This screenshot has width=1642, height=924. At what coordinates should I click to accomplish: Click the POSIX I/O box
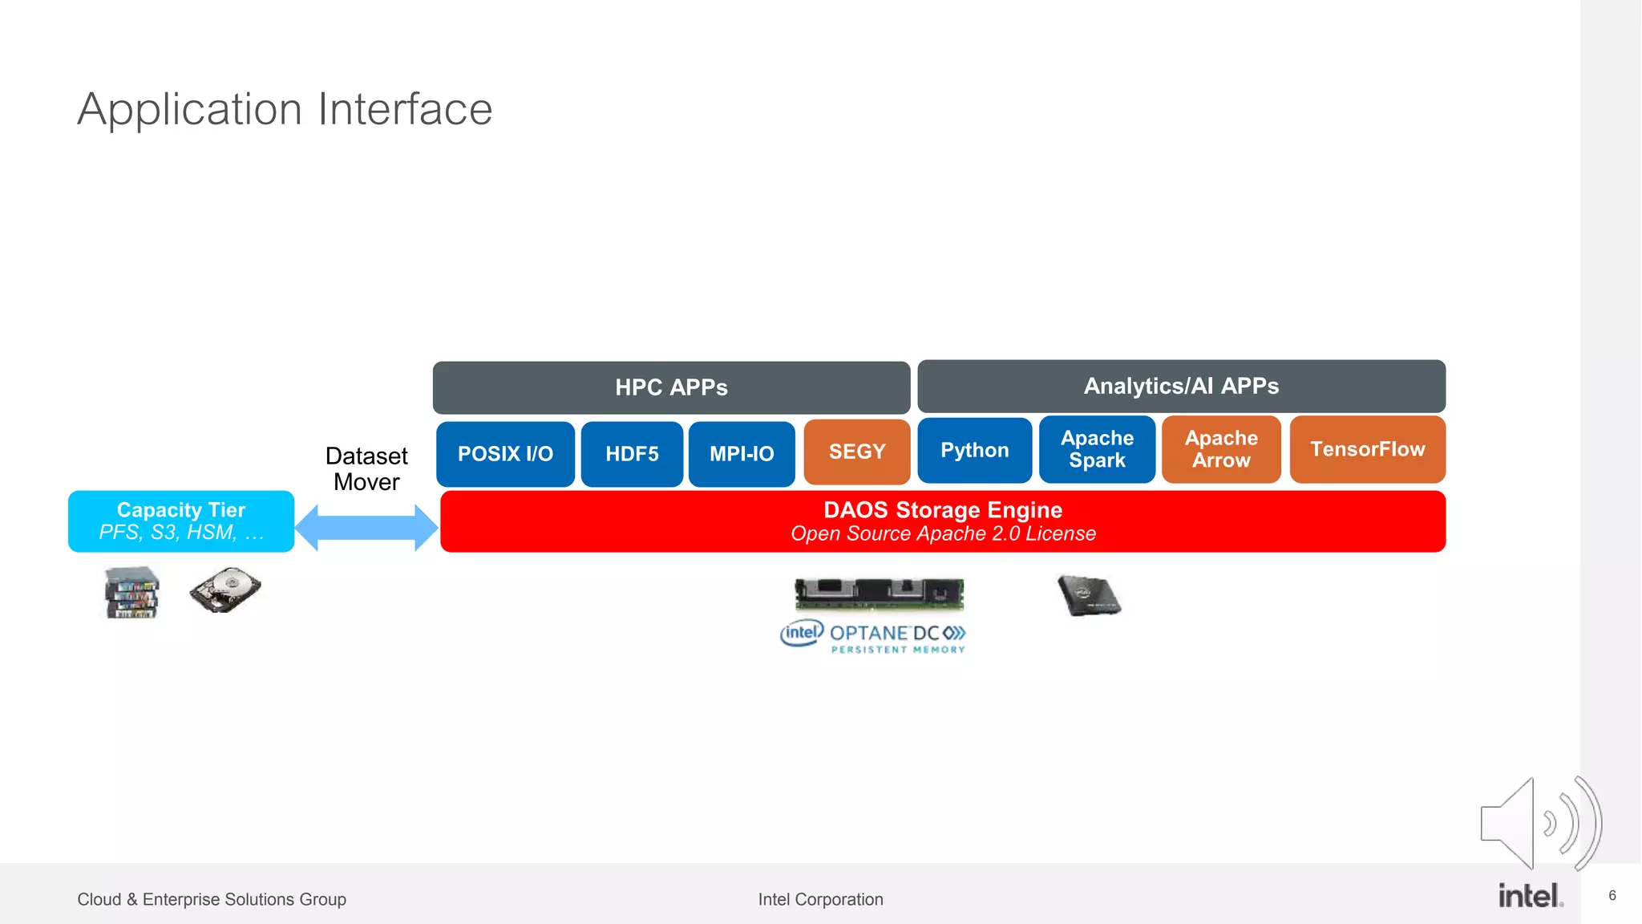click(505, 454)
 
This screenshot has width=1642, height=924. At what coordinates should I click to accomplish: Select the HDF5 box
click(632, 454)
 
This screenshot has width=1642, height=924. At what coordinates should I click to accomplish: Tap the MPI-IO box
click(742, 454)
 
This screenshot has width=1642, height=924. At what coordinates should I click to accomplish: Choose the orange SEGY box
click(856, 452)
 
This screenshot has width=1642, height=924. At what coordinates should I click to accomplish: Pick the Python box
click(974, 450)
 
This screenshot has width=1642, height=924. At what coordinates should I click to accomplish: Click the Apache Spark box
click(1097, 449)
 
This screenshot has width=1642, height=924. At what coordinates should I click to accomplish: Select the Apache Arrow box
click(1221, 449)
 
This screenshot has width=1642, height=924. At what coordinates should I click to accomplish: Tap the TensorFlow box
click(1367, 449)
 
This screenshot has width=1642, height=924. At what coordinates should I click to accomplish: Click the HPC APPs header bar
click(671, 387)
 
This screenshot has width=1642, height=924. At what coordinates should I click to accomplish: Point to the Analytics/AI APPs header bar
click(1181, 386)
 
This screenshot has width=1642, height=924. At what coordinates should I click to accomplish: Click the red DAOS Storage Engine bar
click(943, 521)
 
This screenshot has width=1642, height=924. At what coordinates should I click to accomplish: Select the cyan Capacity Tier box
click(181, 521)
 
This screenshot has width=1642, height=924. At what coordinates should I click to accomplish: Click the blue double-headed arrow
click(366, 528)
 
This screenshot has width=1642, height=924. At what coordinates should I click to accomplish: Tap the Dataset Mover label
click(366, 468)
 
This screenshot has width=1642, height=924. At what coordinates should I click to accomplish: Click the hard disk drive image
click(225, 590)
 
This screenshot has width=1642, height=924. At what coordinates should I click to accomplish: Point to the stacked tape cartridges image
click(132, 593)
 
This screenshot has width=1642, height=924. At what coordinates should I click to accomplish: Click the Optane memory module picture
click(879, 594)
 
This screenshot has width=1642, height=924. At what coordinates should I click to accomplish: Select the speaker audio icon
click(1539, 823)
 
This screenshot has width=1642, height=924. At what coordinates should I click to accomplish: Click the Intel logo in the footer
click(1530, 896)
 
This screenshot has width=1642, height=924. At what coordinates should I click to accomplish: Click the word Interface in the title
click(405, 109)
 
